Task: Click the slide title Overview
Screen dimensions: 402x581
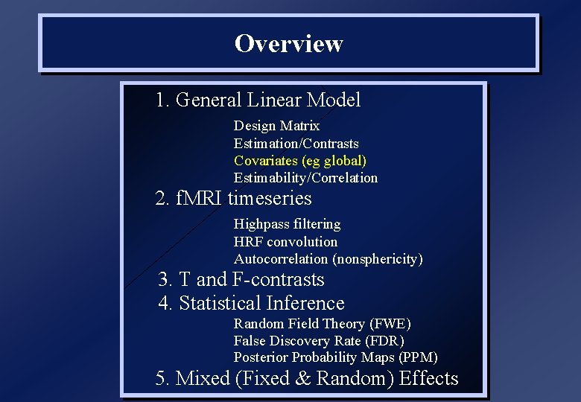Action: pos(288,43)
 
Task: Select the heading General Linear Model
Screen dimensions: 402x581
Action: pos(258,100)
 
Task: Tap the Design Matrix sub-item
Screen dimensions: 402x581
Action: pos(276,126)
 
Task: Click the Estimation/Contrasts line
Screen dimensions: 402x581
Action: pos(296,143)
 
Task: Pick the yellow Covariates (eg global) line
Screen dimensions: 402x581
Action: pos(299,160)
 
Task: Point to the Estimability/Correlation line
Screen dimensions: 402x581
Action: pos(305,177)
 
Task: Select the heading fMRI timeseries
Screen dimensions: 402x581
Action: pos(233,199)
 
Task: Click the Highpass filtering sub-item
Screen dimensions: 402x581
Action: pos(287,224)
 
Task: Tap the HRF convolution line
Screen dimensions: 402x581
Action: pos(285,241)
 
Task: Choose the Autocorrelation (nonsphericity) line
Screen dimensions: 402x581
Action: pos(328,259)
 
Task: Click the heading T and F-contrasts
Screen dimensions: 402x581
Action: pos(241,280)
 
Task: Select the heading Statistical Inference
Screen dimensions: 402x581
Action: pos(251,304)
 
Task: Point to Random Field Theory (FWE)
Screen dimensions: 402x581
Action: pos(322,324)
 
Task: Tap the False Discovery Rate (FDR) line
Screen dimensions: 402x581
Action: pos(319,341)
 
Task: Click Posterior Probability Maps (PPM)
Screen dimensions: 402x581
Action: pos(335,357)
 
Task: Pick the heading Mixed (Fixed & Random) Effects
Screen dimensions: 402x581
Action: pos(307,379)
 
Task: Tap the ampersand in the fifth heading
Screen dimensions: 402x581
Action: pos(303,379)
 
